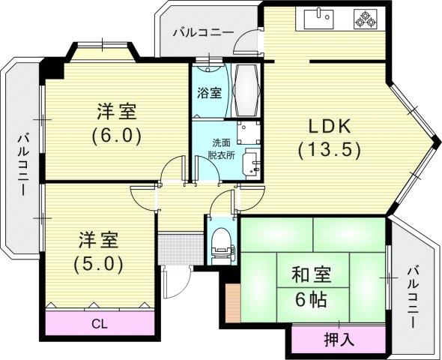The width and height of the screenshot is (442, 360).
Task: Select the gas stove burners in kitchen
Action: pos(366,19)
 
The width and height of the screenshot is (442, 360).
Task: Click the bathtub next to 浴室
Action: pos(246,90)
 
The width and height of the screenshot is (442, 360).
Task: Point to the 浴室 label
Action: pos(209,94)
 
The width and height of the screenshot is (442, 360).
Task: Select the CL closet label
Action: pos(99,324)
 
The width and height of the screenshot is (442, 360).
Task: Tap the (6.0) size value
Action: pos(116,137)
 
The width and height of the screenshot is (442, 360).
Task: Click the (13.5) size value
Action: pos(330,149)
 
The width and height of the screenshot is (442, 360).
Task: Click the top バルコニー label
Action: pos(202,32)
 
